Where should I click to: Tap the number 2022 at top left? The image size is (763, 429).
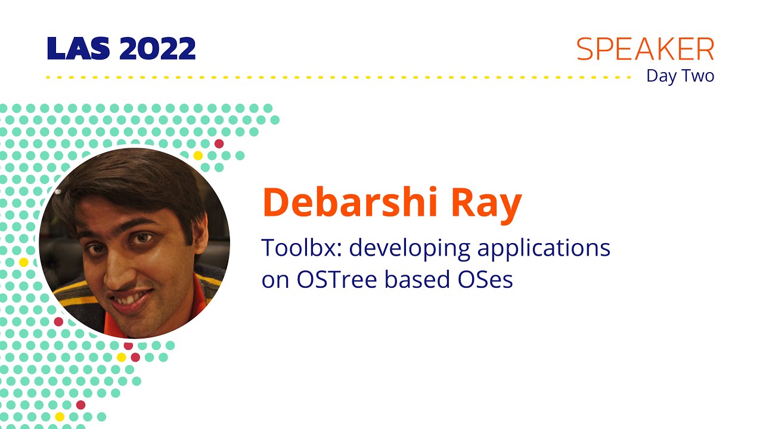157,49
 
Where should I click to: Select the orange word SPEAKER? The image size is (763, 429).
645,50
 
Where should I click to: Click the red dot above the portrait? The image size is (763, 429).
219,144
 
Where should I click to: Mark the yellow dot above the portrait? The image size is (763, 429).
198,156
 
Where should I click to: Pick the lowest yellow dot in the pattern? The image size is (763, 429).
59,416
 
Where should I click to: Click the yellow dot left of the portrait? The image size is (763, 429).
24,262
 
